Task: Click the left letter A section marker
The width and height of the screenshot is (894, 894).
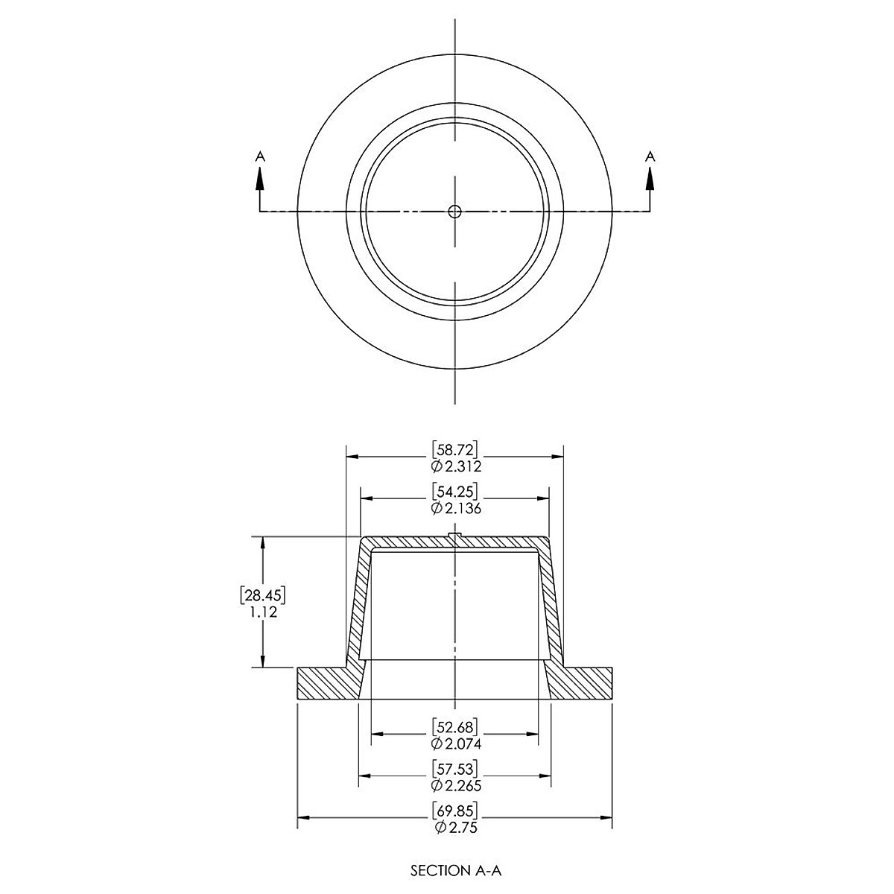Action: [x=260, y=156]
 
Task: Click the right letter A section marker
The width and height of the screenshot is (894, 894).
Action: [x=650, y=156]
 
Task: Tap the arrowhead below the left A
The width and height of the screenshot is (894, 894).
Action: [x=260, y=179]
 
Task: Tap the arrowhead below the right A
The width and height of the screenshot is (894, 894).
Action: [x=650, y=179]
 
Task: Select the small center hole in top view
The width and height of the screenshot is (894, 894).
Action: [x=454, y=211]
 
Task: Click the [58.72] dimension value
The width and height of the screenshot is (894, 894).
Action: [x=454, y=449]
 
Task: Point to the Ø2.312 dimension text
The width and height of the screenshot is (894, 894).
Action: [x=455, y=466]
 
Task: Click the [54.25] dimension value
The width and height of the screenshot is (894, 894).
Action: [x=454, y=491]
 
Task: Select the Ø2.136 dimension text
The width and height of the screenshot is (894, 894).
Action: [x=455, y=508]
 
